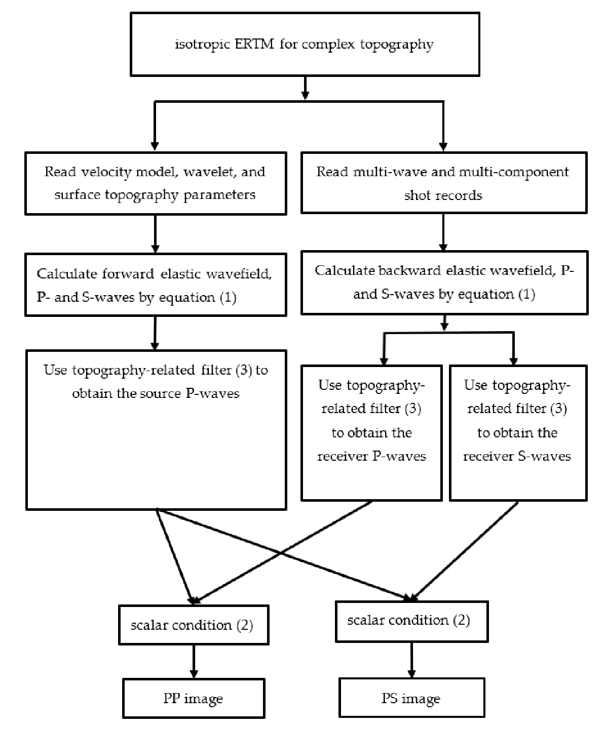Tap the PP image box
coord(193,699)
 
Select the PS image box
coord(410,699)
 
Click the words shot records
coord(443,195)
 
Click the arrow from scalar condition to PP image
coord(193,661)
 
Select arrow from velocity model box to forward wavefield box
coord(155,233)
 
